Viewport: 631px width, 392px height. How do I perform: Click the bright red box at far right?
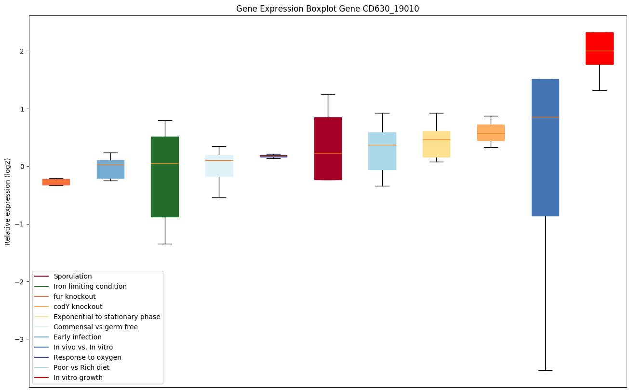pyautogui.click(x=599, y=48)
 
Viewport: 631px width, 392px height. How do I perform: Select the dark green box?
pyautogui.click(x=165, y=177)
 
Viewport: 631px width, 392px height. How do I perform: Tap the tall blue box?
pyautogui.click(x=545, y=147)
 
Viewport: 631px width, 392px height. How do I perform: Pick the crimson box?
pyautogui.click(x=328, y=148)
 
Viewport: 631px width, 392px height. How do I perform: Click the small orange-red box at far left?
pyautogui.click(x=56, y=182)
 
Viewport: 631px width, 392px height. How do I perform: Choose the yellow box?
pyautogui.click(x=436, y=144)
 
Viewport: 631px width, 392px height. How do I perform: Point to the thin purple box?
pyautogui.click(x=273, y=156)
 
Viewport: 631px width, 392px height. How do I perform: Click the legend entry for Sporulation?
pyautogui.click(x=73, y=276)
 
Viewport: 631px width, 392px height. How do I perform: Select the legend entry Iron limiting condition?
pyautogui.click(x=90, y=286)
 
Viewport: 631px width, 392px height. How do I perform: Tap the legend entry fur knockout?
pyautogui.click(x=75, y=296)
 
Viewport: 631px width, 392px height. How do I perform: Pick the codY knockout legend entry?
pyautogui.click(x=78, y=307)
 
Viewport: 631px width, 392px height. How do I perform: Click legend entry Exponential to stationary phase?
pyautogui.click(x=107, y=317)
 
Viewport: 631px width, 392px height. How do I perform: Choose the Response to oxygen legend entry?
pyautogui.click(x=87, y=357)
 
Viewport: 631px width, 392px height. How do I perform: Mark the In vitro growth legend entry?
pyautogui.click(x=78, y=378)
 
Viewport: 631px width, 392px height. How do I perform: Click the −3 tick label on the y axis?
pyautogui.click(x=20, y=339)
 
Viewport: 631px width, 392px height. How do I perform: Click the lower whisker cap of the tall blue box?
pyautogui.click(x=545, y=370)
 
